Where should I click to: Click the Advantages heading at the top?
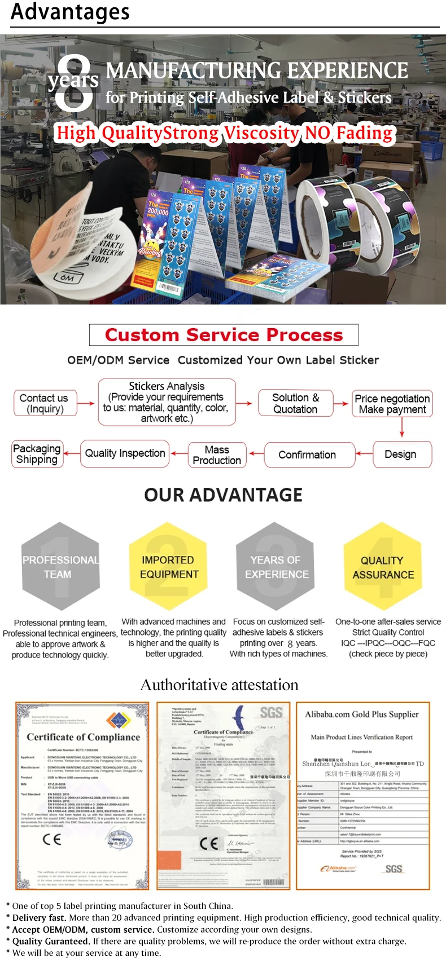click(71, 11)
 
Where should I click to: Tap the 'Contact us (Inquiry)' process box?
click(45, 403)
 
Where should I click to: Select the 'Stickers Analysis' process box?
click(167, 402)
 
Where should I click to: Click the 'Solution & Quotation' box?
click(295, 403)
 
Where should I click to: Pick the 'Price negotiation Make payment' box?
click(392, 404)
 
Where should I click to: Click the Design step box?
click(401, 454)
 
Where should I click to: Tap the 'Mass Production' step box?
click(217, 454)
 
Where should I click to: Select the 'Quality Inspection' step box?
click(125, 453)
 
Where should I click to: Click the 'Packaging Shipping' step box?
click(37, 454)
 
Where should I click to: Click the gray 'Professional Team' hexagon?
click(60, 566)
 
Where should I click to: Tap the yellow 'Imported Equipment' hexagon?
click(169, 566)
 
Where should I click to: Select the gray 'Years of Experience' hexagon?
click(276, 566)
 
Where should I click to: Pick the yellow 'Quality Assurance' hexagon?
click(383, 566)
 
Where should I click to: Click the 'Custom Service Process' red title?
click(224, 335)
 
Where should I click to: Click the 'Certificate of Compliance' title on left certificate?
click(83, 737)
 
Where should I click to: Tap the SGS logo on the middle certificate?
click(271, 713)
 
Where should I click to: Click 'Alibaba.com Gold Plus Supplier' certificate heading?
click(362, 714)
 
